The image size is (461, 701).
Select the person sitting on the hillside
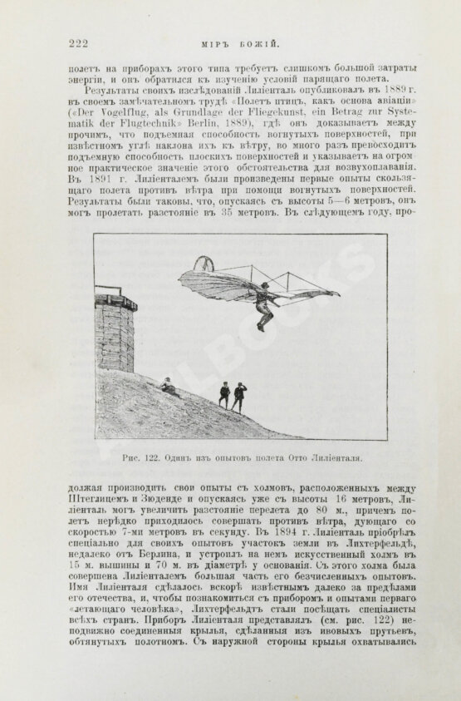point(169,386)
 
